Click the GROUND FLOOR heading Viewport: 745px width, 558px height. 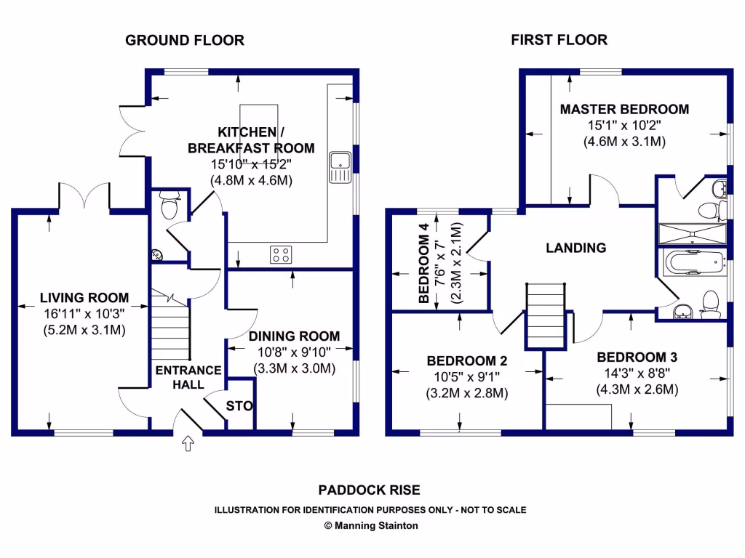(x=185, y=41)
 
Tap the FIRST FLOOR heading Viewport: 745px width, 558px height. (x=559, y=40)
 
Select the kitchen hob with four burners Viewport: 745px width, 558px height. (x=281, y=254)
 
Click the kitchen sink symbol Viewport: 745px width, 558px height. (x=340, y=168)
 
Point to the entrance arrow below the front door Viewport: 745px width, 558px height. (x=188, y=443)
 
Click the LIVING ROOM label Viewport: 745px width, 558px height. (x=84, y=297)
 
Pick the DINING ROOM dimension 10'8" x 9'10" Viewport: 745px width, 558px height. (x=294, y=352)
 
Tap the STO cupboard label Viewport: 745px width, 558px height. (x=239, y=405)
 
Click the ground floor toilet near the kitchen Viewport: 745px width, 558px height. (x=169, y=204)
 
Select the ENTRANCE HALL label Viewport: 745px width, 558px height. (x=188, y=377)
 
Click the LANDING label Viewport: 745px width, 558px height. (x=576, y=248)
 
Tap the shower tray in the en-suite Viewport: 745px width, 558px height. (x=693, y=234)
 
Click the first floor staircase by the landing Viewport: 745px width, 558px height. (x=546, y=316)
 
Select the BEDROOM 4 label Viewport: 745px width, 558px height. (x=424, y=263)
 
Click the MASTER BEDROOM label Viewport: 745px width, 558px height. (x=624, y=109)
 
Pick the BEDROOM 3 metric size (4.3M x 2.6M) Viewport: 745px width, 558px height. (x=637, y=389)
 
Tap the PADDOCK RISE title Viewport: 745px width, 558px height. (x=369, y=490)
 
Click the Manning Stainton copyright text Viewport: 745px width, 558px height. (x=371, y=525)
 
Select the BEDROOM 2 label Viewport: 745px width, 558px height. (x=467, y=361)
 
